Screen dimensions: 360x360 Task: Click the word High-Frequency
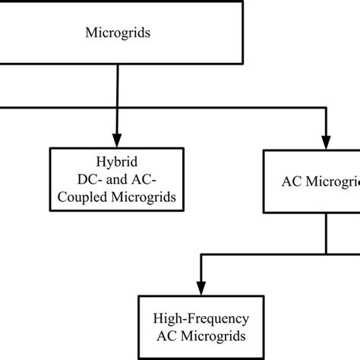[201, 318]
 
